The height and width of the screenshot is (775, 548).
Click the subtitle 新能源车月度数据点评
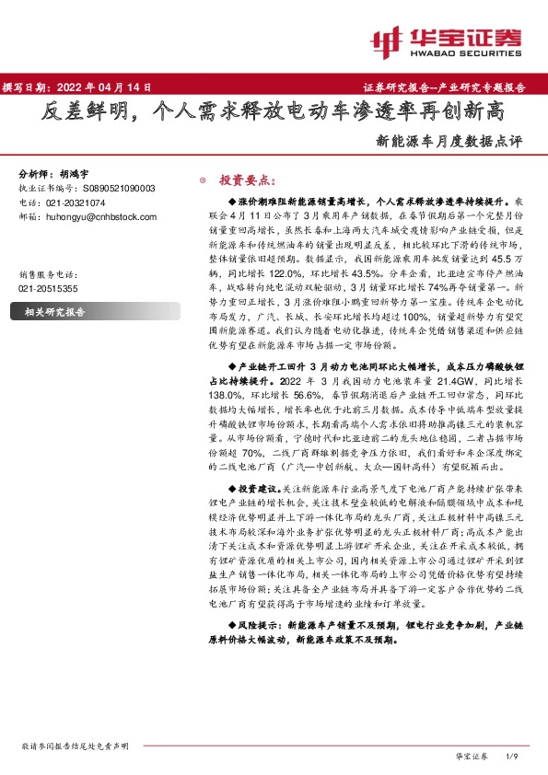pos(449,143)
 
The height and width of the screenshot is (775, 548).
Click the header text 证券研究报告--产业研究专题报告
pos(451,88)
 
